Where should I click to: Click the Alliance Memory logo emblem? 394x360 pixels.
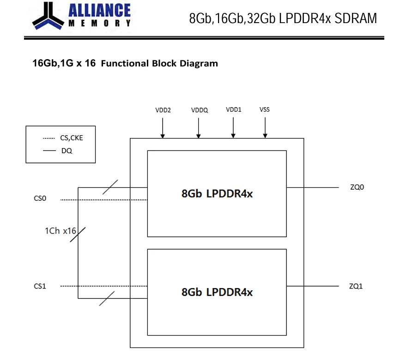pyautogui.click(x=48, y=16)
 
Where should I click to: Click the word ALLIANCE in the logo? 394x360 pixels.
pyautogui.click(x=99, y=11)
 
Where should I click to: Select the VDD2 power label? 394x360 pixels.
pyautogui.click(x=163, y=110)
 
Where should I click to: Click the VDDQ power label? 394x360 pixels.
pyautogui.click(x=200, y=110)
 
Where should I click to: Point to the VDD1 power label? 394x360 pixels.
pyautogui.click(x=233, y=110)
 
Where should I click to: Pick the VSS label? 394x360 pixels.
pyautogui.click(x=265, y=110)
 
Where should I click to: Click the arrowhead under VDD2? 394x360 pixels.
pyautogui.click(x=163, y=136)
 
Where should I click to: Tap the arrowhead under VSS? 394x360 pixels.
pyautogui.click(x=265, y=136)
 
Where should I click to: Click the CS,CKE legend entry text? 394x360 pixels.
pyautogui.click(x=72, y=138)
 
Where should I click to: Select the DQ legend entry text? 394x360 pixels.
pyautogui.click(x=67, y=150)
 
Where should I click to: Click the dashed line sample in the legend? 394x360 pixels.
pyautogui.click(x=49, y=138)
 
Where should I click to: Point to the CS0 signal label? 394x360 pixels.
pyautogui.click(x=40, y=198)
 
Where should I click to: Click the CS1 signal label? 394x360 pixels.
pyautogui.click(x=40, y=286)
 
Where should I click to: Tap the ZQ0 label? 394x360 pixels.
pyautogui.click(x=357, y=187)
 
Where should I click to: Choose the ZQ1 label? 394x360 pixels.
pyautogui.click(x=356, y=286)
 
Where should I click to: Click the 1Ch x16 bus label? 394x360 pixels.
pyautogui.click(x=61, y=231)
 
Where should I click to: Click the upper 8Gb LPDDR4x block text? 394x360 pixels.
pyautogui.click(x=217, y=193)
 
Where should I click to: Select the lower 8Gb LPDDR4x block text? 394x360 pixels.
pyautogui.click(x=217, y=292)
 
